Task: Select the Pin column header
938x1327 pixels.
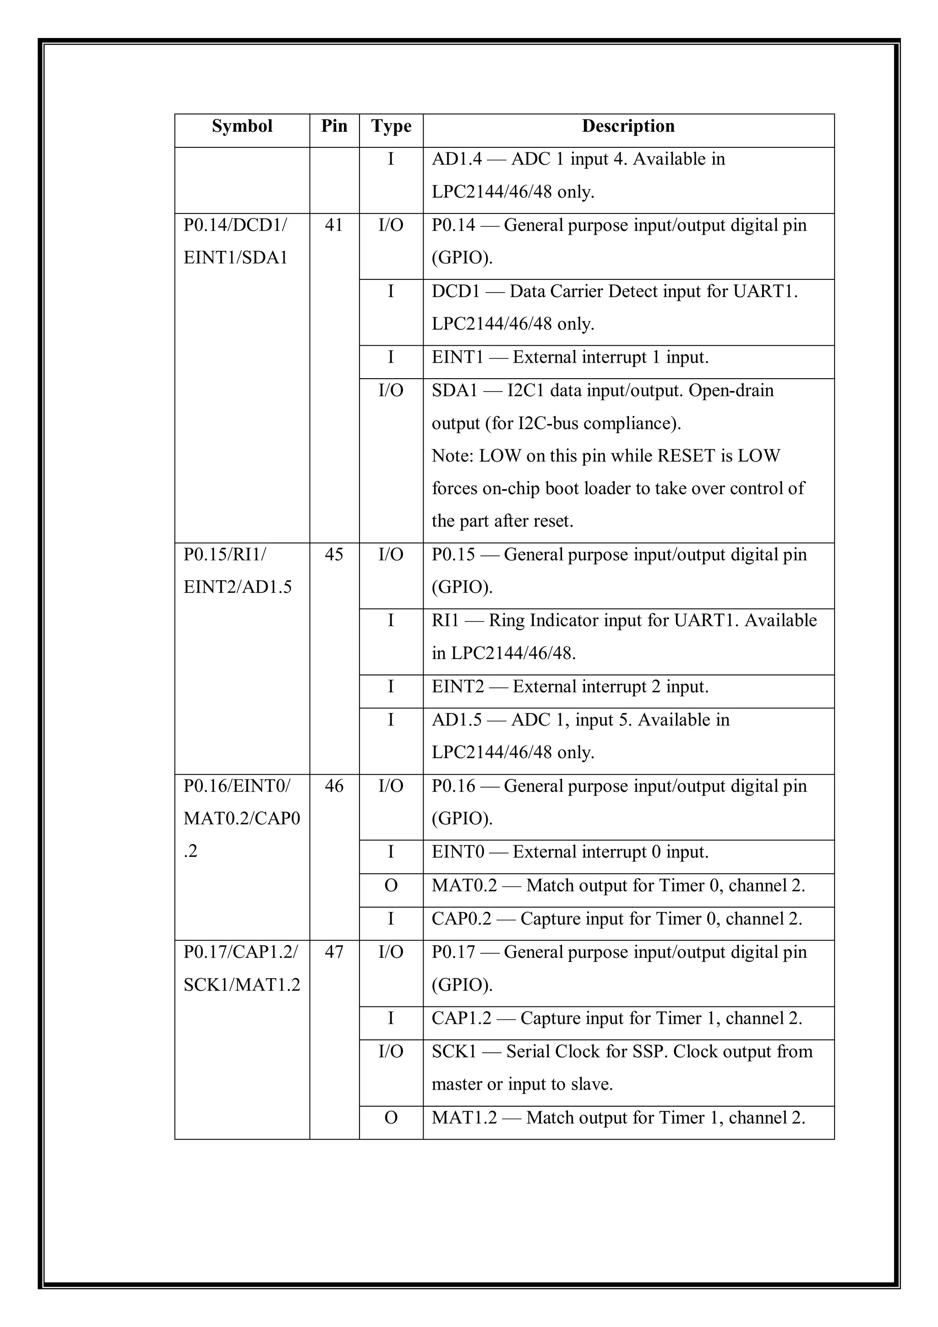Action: [334, 126]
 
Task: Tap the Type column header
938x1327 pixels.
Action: [391, 126]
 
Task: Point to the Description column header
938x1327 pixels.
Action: [628, 126]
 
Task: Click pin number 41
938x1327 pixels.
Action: [334, 225]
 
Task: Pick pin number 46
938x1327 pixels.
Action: [334, 786]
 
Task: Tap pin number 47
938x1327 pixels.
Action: [334, 952]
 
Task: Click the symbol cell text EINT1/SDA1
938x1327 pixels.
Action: [235, 258]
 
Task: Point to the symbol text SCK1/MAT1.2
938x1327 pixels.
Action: [241, 985]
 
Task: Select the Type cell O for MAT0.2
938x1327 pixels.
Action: [391, 886]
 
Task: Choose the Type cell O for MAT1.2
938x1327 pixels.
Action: [391, 1118]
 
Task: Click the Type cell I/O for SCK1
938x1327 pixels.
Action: [391, 1052]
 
